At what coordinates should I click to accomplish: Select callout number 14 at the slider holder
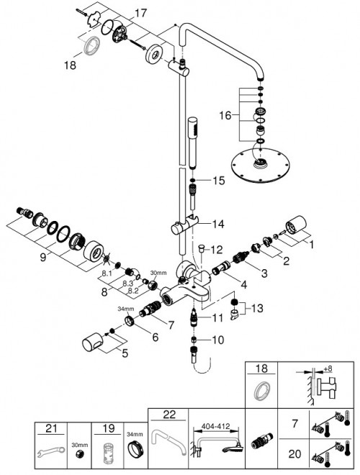(x=217, y=224)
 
